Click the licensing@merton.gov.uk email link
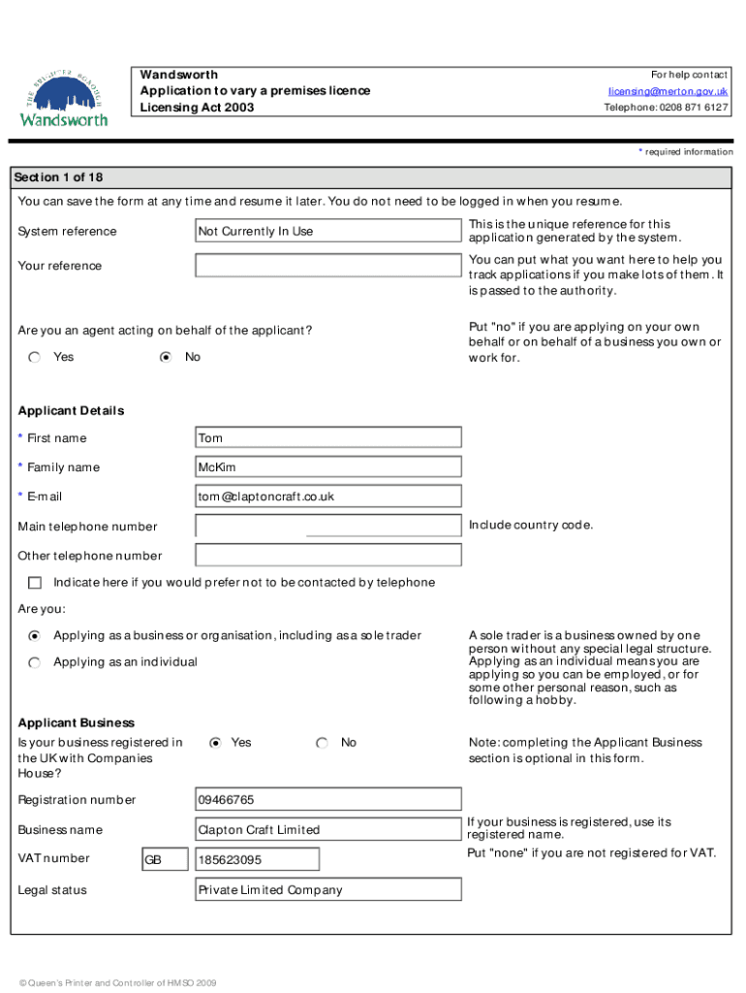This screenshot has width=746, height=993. (668, 91)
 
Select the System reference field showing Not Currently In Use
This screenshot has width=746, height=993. (328, 231)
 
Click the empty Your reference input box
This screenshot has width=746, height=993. (328, 266)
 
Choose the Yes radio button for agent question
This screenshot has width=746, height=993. (35, 358)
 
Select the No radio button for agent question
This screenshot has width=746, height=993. (166, 358)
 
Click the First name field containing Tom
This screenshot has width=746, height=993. (328, 438)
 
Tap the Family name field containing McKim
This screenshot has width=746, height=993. (328, 467)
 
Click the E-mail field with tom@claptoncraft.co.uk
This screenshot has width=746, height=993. (328, 496)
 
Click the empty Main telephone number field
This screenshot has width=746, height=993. (328, 526)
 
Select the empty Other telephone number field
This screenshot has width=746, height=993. (328, 556)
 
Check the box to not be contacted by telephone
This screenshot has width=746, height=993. (35, 583)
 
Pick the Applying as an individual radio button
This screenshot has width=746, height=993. (35, 662)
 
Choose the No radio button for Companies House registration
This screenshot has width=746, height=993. (322, 743)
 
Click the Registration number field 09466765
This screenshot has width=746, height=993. (328, 800)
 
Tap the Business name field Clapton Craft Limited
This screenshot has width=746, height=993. (328, 830)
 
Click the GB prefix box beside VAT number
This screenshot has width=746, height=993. (165, 860)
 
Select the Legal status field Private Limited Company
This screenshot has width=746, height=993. (328, 890)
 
